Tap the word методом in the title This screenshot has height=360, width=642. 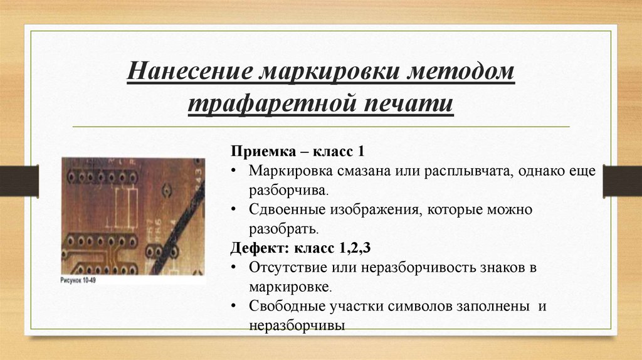(462, 73)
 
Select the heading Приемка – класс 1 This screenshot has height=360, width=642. (297, 152)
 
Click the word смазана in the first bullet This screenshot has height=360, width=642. (361, 171)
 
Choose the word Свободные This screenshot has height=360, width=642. (285, 306)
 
